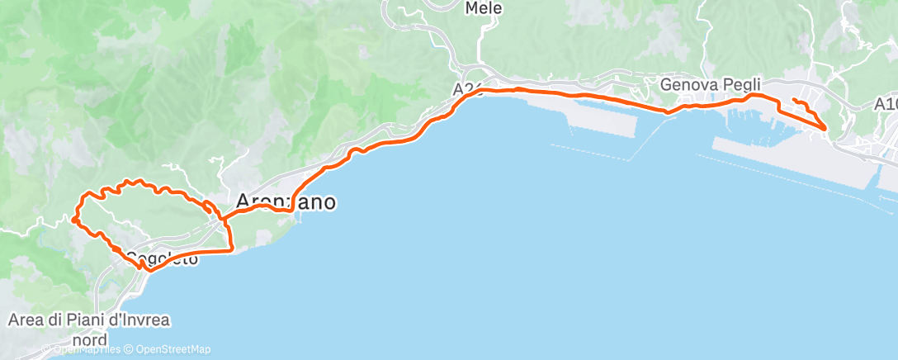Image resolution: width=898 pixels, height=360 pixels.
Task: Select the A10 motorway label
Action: coord(886,104)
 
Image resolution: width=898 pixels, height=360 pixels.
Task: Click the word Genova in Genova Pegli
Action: coord(690,84)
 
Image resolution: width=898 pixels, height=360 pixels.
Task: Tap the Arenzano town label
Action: coord(286,201)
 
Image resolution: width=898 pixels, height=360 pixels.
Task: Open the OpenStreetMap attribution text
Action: coord(173,349)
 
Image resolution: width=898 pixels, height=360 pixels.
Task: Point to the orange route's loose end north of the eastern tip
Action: coord(793,100)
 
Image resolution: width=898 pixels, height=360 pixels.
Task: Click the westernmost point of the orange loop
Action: coord(73,220)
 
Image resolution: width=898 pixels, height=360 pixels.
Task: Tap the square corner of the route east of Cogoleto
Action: coord(230,249)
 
